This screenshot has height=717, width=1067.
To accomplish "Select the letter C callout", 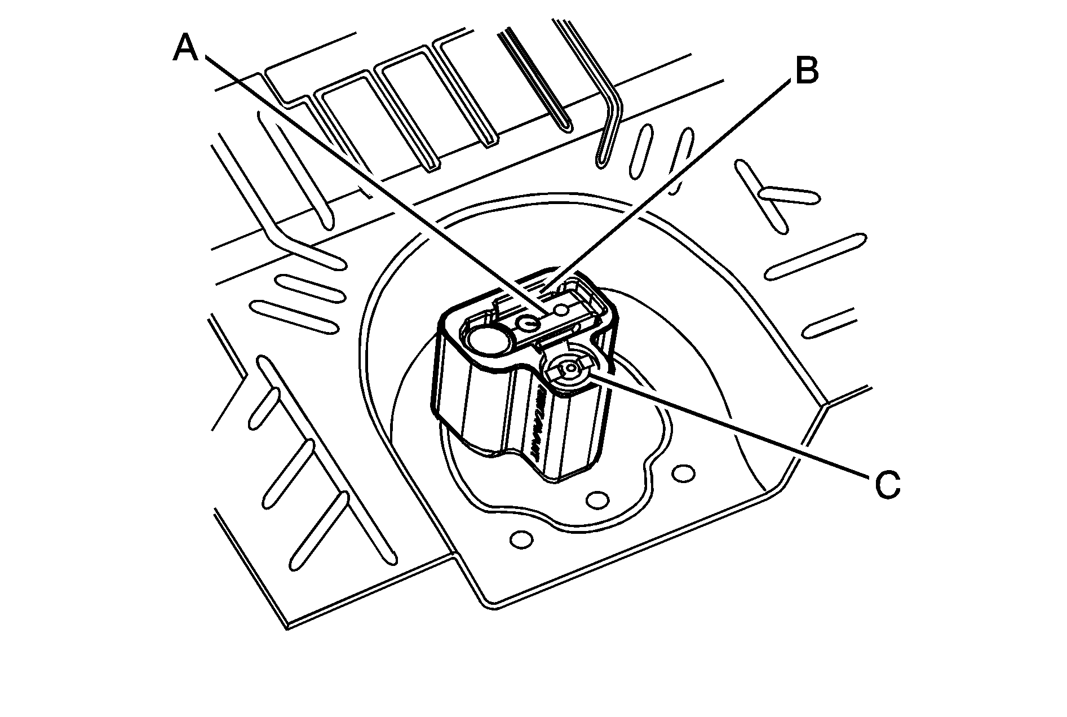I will point(887,485).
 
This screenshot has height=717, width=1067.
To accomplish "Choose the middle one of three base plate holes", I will point(597,499).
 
